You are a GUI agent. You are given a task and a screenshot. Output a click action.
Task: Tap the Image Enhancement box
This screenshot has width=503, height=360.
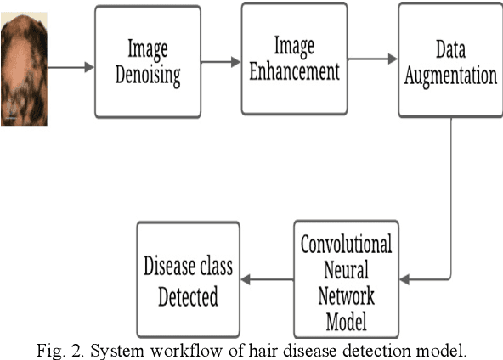tap(292, 59)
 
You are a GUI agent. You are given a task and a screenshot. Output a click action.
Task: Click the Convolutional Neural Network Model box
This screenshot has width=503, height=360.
tap(346, 278)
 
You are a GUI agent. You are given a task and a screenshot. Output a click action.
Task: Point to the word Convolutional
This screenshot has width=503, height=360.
tap(347, 246)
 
